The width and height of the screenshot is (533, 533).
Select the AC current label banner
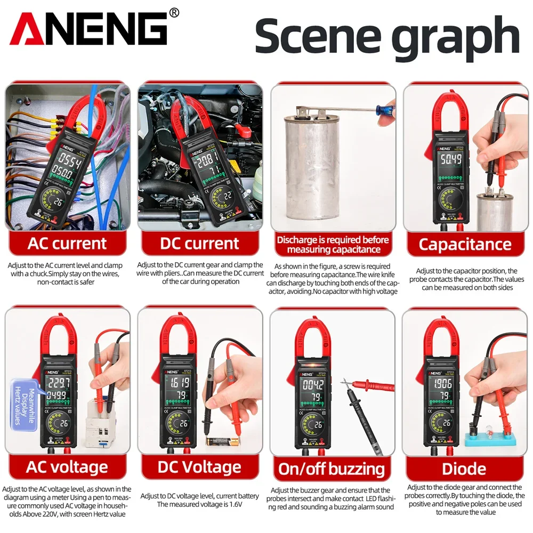pyautogui.click(x=67, y=244)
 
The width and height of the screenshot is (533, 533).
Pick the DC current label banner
pyautogui.click(x=199, y=244)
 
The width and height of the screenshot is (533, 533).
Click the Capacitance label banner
pyautogui.click(x=465, y=244)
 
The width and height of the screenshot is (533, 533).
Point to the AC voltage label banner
pyautogui.click(x=67, y=467)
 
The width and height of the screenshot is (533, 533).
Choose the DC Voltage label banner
pyautogui.click(x=199, y=467)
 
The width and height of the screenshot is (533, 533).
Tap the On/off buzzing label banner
pyautogui.click(x=332, y=469)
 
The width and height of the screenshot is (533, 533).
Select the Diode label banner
pyautogui.click(x=464, y=469)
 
